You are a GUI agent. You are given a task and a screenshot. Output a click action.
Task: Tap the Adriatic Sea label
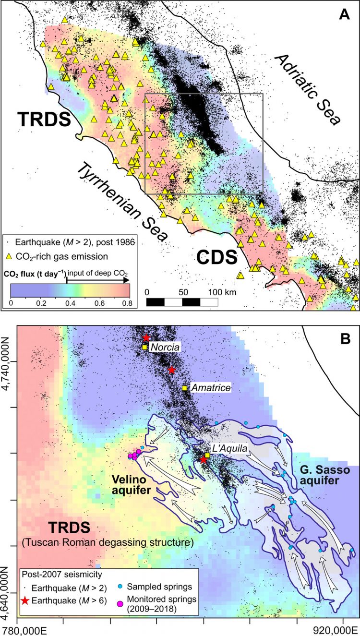pos(307,89)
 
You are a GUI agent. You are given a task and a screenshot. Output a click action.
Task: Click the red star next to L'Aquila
pos(204,460)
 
